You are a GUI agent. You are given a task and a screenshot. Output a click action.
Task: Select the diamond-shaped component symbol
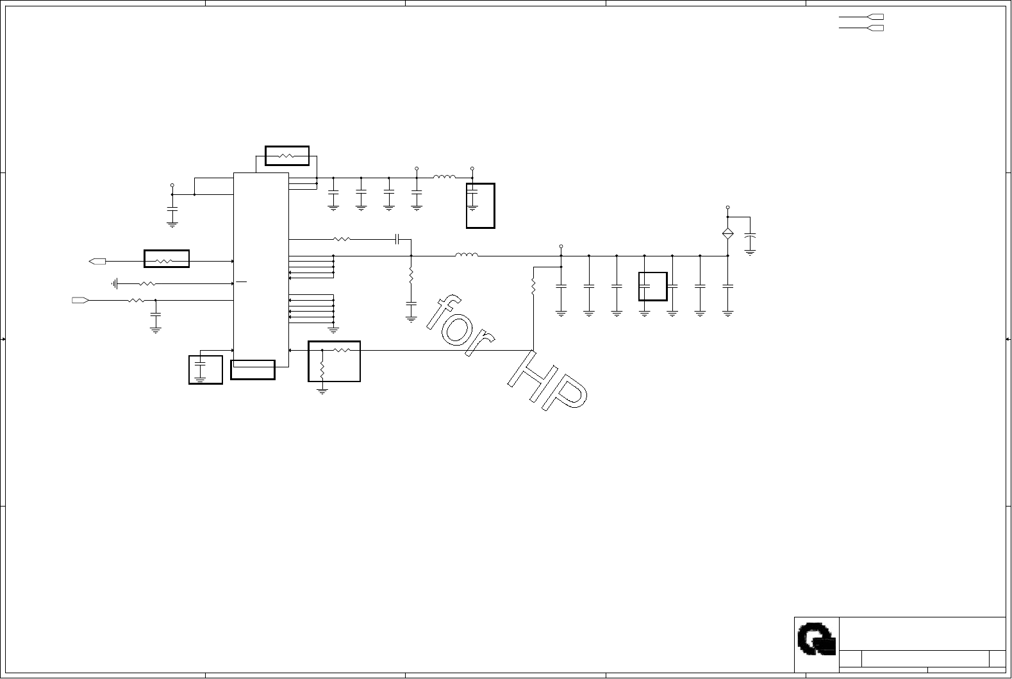(727, 234)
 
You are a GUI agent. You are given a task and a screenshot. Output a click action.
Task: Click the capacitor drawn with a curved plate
(750, 241)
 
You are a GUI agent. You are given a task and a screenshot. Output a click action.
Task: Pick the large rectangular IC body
(261, 269)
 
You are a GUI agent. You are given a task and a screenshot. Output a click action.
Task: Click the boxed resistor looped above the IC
(286, 156)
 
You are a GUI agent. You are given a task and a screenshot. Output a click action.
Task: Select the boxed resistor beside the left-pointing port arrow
(166, 259)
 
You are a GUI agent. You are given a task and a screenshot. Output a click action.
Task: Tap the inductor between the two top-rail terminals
(444, 178)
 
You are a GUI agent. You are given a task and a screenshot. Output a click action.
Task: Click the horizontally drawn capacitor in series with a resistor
(397, 240)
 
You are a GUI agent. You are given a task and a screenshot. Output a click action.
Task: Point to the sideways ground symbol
(115, 283)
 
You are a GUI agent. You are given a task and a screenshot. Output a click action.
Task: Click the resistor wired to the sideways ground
(147, 283)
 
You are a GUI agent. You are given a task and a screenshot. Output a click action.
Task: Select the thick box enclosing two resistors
(334, 361)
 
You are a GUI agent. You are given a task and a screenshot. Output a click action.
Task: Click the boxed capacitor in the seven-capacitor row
(652, 286)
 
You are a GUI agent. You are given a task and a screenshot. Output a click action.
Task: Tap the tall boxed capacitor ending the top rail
(480, 205)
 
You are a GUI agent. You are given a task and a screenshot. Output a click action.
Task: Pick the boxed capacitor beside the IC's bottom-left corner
(205, 369)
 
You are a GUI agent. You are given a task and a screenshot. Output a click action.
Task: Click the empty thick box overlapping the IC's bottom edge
(253, 370)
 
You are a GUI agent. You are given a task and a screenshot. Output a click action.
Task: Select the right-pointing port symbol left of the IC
(79, 300)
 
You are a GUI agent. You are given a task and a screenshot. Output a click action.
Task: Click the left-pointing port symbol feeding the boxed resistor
(97, 261)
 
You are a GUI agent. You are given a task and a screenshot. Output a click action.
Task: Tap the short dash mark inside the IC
(241, 281)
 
